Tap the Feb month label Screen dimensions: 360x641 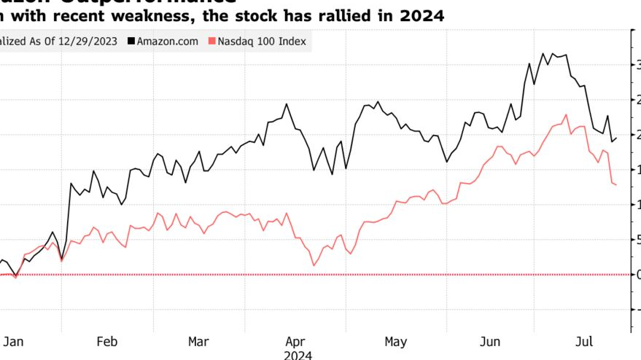coord(107,341)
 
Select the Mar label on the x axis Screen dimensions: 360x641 coord(198,341)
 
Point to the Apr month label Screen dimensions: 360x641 coord(295,341)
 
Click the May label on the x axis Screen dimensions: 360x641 coord(395,341)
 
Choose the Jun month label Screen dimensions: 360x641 coord(491,341)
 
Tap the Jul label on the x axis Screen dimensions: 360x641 coord(583,341)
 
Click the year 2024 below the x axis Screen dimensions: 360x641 coord(298,355)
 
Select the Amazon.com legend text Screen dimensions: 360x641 coord(167,42)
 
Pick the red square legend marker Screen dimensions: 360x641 coord(212,42)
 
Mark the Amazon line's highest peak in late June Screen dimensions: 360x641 coord(543,53)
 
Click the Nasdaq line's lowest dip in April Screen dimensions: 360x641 coord(313,265)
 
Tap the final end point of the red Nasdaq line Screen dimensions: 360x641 coord(616,185)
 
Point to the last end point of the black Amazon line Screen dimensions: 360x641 coord(617,138)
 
